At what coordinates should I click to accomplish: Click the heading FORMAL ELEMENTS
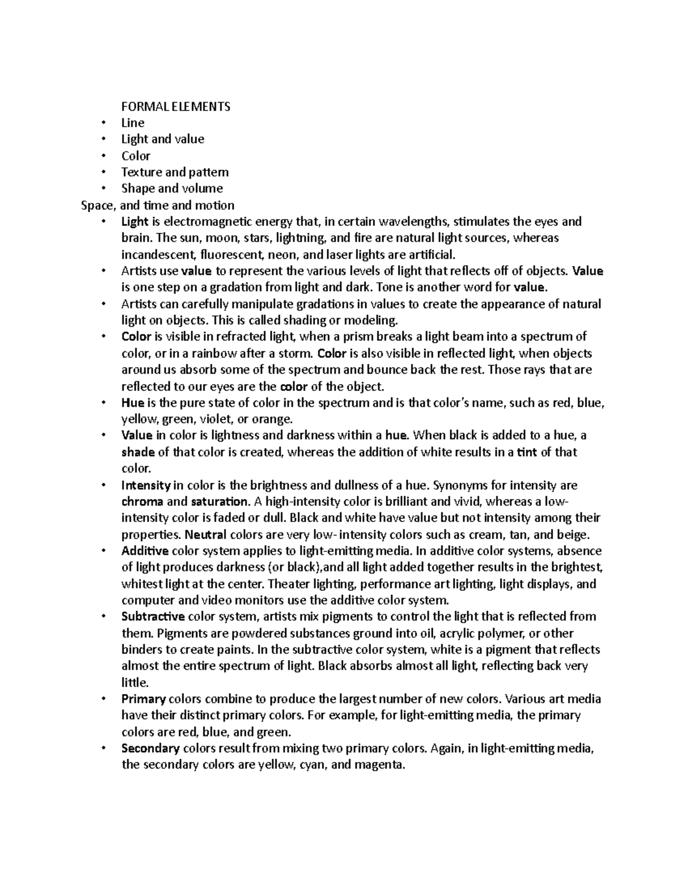175,106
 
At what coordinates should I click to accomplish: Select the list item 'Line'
132,123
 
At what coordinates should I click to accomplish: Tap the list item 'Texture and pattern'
175,172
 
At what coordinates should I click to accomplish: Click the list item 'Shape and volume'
172,189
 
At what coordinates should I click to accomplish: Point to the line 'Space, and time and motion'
158,205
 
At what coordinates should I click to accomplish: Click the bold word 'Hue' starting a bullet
132,402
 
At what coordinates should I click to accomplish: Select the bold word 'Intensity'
146,485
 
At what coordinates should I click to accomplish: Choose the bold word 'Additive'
144,551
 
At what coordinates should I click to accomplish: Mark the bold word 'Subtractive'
153,617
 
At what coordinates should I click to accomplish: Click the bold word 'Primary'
143,699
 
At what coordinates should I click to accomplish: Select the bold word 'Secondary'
150,748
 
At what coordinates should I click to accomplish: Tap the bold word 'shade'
138,452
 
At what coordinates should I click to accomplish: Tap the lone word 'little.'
135,683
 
